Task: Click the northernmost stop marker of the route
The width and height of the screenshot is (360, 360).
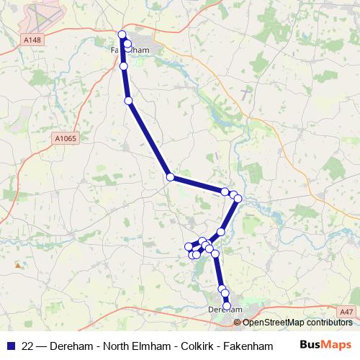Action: pyautogui.click(x=122, y=35)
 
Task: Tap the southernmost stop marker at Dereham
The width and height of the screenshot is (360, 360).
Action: pyautogui.click(x=228, y=306)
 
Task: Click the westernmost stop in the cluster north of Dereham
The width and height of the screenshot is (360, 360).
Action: pyautogui.click(x=190, y=247)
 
